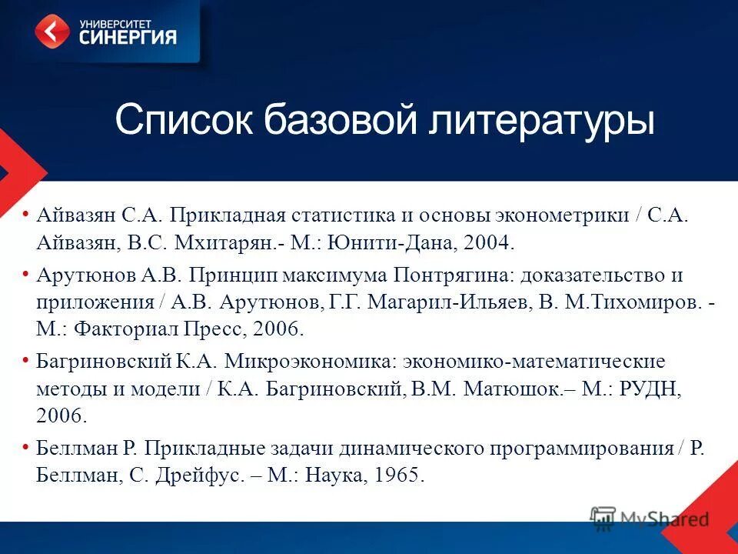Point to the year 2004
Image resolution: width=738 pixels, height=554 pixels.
(x=485, y=244)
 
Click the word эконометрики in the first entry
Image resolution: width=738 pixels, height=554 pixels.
(x=564, y=215)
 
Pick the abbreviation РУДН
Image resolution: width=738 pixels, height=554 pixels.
(x=650, y=389)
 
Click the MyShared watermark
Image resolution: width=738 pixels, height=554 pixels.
(x=650, y=518)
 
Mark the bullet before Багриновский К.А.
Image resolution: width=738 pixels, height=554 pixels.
(x=27, y=361)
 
